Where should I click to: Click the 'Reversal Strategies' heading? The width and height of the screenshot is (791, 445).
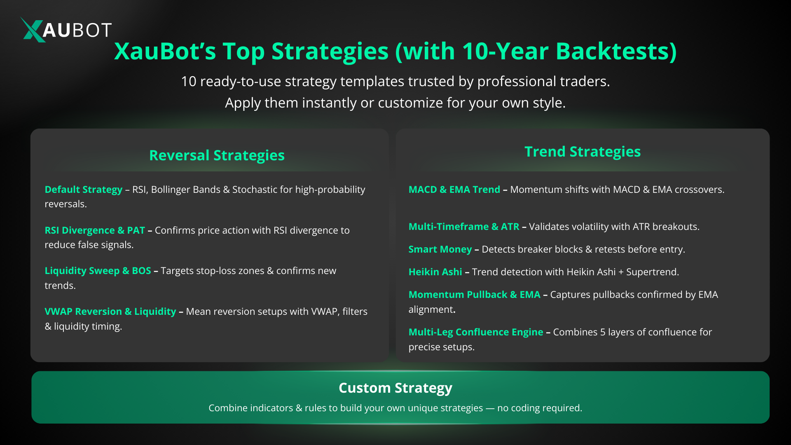pyautogui.click(x=217, y=155)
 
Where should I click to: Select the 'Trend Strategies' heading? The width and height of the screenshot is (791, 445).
pyautogui.click(x=583, y=152)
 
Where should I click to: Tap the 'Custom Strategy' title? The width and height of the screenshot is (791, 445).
pyautogui.click(x=395, y=388)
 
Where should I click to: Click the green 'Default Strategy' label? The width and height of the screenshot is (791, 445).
pyautogui.click(x=84, y=190)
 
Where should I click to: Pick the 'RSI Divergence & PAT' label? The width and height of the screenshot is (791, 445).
pyautogui.click(x=95, y=230)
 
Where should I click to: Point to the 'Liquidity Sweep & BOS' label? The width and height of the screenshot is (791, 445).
pyautogui.click(x=98, y=271)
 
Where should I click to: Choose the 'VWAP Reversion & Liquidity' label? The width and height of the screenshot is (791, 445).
pyautogui.click(x=110, y=311)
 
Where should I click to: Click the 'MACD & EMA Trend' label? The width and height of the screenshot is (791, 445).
pyautogui.click(x=454, y=190)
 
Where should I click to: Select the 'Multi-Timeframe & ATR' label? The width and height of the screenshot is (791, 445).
pyautogui.click(x=464, y=227)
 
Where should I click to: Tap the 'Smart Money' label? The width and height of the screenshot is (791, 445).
pyautogui.click(x=440, y=249)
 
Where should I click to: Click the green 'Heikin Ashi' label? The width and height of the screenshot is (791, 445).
pyautogui.click(x=435, y=272)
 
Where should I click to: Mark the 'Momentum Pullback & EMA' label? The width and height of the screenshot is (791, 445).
pyautogui.click(x=474, y=295)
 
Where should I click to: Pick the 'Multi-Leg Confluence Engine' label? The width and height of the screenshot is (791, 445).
pyautogui.click(x=476, y=332)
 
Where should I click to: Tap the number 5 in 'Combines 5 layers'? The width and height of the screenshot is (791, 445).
pyautogui.click(x=603, y=332)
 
